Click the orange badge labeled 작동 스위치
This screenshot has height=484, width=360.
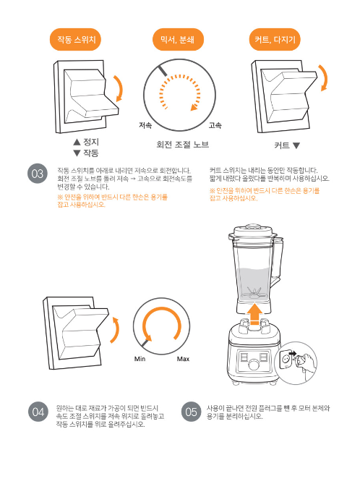click(75, 40)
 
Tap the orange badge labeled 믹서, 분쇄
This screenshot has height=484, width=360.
click(178, 40)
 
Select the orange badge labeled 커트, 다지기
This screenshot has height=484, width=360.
click(275, 40)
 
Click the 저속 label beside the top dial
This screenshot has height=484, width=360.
click(145, 125)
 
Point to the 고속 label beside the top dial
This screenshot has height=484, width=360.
click(215, 125)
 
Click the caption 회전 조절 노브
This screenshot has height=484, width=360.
click(183, 145)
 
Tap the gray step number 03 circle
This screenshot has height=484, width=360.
click(38, 174)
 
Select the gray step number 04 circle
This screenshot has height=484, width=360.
click(38, 412)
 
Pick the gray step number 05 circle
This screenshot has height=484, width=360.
click(191, 412)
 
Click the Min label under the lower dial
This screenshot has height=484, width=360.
click(140, 359)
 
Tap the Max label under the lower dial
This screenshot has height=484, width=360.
click(183, 359)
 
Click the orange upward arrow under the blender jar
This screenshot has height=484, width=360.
click(255, 315)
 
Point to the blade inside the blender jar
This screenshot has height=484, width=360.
click(254, 292)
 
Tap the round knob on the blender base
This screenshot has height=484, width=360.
click(254, 364)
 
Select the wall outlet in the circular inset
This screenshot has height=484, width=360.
click(286, 360)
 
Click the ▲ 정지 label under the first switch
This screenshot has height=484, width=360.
click(86, 142)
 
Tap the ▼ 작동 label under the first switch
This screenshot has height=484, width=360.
click(86, 153)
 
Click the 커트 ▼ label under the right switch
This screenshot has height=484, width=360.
click(287, 145)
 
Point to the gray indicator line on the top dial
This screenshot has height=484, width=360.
click(163, 70)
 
